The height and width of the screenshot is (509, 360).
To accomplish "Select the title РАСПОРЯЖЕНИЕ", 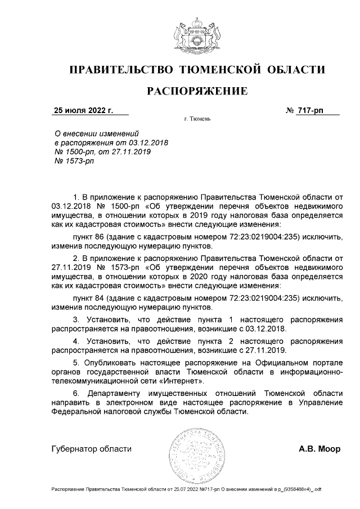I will pyautogui.click(x=197, y=91).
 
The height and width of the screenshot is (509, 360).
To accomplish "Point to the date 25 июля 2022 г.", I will pyautogui.click(x=83, y=110).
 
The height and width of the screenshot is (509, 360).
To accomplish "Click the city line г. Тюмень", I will pyautogui.click(x=197, y=120).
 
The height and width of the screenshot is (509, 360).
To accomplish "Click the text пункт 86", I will pyautogui.click(x=91, y=237).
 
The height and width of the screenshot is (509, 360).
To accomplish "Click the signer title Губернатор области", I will pyautogui.click(x=91, y=449).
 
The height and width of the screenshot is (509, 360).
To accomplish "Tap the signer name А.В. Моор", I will pyautogui.click(x=319, y=449).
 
